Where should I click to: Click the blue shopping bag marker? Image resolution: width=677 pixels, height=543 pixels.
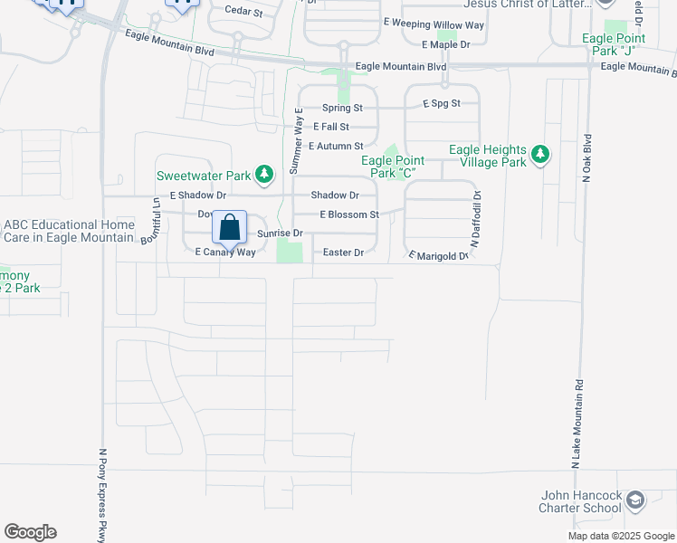(230, 227)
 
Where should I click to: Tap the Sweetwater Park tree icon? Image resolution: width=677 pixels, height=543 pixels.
(263, 173)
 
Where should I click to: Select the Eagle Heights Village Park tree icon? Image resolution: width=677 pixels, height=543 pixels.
(540, 155)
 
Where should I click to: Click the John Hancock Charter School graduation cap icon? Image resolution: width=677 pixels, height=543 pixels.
(635, 500)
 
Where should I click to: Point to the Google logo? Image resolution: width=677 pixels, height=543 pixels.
(30, 532)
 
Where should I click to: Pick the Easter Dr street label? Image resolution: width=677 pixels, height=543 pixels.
(343, 252)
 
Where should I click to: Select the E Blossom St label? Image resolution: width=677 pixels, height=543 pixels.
(348, 214)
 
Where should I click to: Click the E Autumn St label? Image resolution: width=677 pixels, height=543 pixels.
(336, 146)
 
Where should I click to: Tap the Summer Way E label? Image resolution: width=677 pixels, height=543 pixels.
(295, 141)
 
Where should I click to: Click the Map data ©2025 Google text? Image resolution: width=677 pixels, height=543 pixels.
(621, 536)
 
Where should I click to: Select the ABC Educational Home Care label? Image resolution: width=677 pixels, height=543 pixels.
(69, 231)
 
